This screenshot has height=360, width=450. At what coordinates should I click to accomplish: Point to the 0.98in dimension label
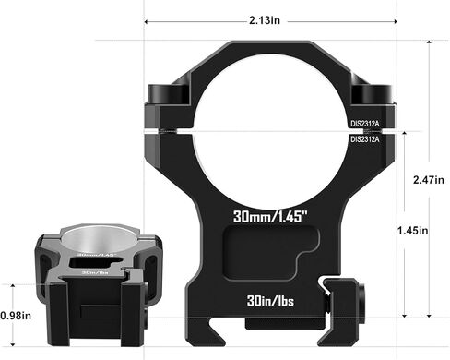coord(16,315)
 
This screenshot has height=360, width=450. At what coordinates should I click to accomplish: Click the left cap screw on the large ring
coord(164,96)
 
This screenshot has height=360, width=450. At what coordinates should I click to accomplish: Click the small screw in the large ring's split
coord(168,132)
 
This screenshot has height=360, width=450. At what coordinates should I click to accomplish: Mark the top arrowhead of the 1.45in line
coord(398,131)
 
